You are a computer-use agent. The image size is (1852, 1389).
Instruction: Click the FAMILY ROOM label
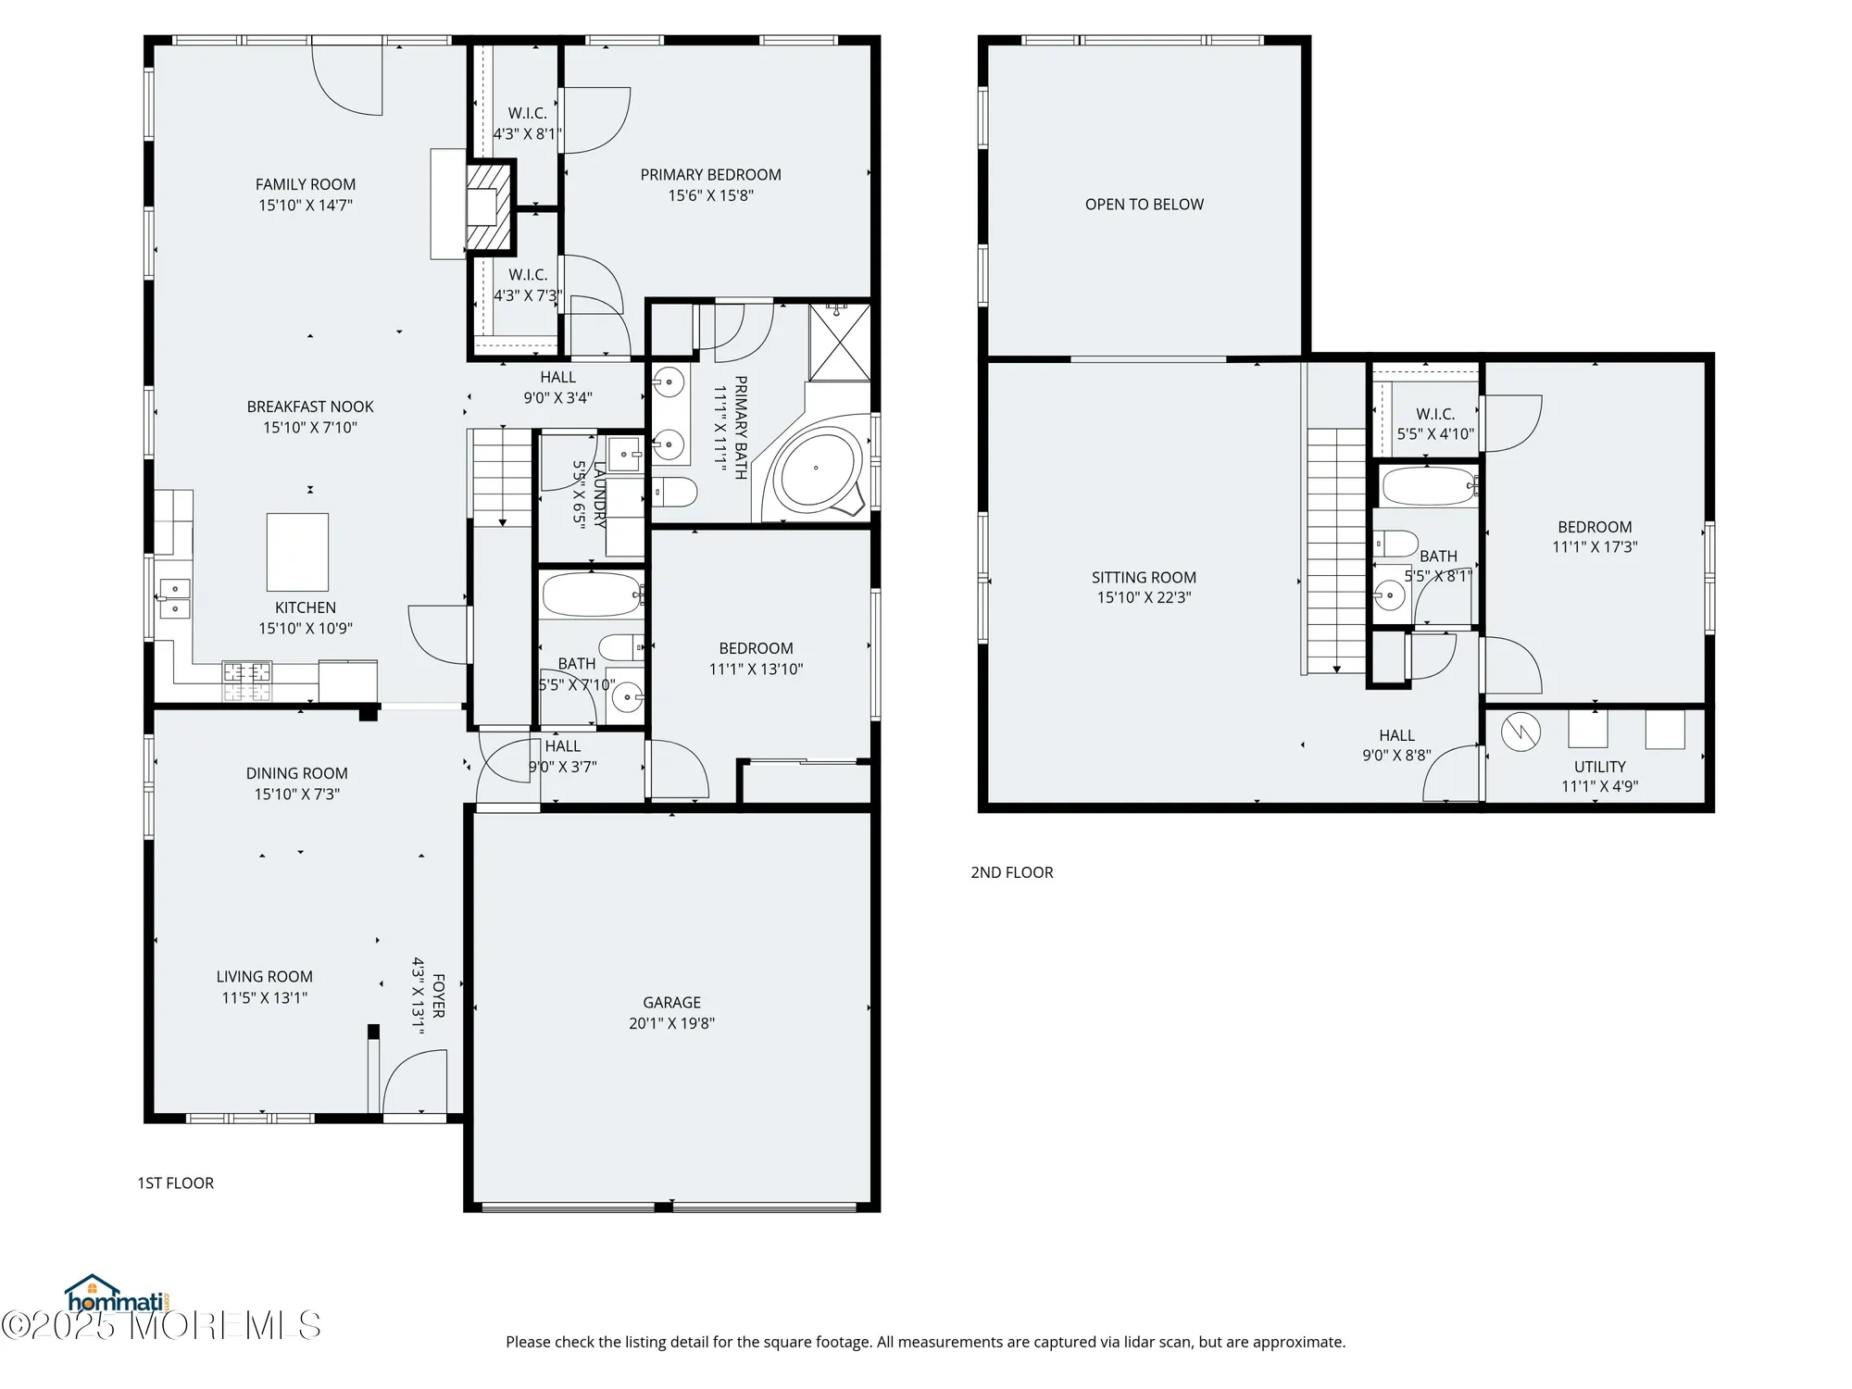306,184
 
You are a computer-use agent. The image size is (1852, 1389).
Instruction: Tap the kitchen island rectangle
297,552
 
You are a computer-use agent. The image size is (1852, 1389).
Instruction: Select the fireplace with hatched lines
489,206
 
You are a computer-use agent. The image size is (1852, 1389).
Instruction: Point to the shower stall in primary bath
840,341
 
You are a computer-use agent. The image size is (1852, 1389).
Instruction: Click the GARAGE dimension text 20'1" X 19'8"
671,1023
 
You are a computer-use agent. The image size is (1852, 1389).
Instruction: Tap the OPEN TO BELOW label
1144,205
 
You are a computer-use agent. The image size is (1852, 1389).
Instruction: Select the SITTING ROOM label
1144,577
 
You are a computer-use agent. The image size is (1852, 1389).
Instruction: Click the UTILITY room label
1599,767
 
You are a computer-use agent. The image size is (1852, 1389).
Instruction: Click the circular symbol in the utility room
1520,732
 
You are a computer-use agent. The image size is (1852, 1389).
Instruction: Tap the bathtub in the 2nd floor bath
1428,485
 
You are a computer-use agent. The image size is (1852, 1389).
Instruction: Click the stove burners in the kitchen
247,681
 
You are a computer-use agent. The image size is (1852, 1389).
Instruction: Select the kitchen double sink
174,598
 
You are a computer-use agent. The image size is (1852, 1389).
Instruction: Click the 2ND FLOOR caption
1011,872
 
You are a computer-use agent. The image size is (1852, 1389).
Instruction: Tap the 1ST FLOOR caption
176,1183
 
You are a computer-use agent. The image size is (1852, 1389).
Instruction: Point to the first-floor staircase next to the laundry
502,477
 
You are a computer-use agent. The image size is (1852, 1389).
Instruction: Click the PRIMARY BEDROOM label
710,175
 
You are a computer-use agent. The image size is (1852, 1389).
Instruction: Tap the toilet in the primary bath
674,492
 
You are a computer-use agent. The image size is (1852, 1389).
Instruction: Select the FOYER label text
439,995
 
